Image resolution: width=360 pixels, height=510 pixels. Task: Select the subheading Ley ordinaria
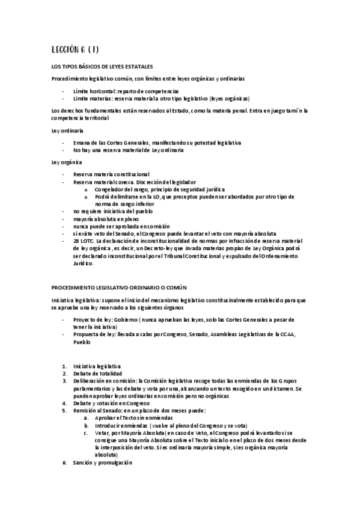pyautogui.click(x=67, y=131)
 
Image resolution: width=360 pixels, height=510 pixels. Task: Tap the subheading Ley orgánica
pyautogui.click(x=67, y=162)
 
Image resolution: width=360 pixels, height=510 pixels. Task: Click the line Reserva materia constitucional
pyautogui.click(x=112, y=174)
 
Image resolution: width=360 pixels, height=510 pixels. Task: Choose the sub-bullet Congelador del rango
pyautogui.click(x=144, y=189)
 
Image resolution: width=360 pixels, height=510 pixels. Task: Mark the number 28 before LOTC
pyautogui.click(x=76, y=241)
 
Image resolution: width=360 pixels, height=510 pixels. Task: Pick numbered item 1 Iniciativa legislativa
pyautogui.click(x=97, y=366)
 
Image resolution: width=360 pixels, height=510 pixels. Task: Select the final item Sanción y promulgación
pyautogui.click(x=102, y=464)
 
